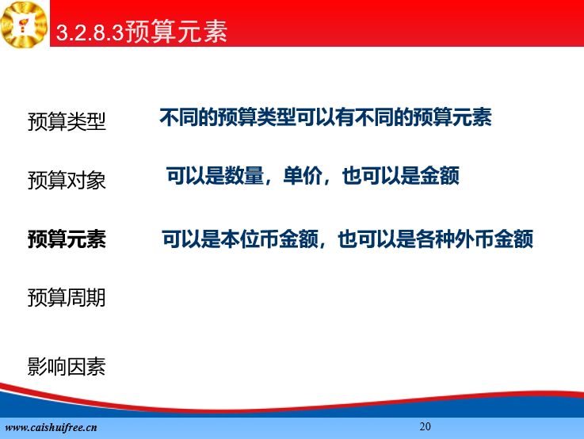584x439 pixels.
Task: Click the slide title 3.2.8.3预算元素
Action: click(x=142, y=31)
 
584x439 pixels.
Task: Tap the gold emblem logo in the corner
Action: click(x=25, y=25)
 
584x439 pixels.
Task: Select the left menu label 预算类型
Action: click(x=67, y=122)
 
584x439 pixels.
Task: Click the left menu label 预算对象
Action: click(x=67, y=181)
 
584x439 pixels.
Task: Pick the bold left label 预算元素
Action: click(x=67, y=239)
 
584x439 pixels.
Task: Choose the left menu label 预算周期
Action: click(x=67, y=297)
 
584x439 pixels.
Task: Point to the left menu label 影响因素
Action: click(x=67, y=367)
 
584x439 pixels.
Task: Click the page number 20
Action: click(x=425, y=426)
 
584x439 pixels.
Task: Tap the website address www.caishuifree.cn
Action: click(x=51, y=427)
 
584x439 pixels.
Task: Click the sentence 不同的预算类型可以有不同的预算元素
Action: click(x=326, y=117)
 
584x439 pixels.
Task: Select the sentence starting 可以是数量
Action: click(x=312, y=176)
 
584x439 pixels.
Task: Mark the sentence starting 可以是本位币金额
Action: click(x=348, y=239)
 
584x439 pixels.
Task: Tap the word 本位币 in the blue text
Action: click(x=250, y=239)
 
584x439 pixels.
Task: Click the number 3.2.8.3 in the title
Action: click(x=90, y=32)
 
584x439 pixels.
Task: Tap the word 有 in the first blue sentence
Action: click(x=345, y=117)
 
